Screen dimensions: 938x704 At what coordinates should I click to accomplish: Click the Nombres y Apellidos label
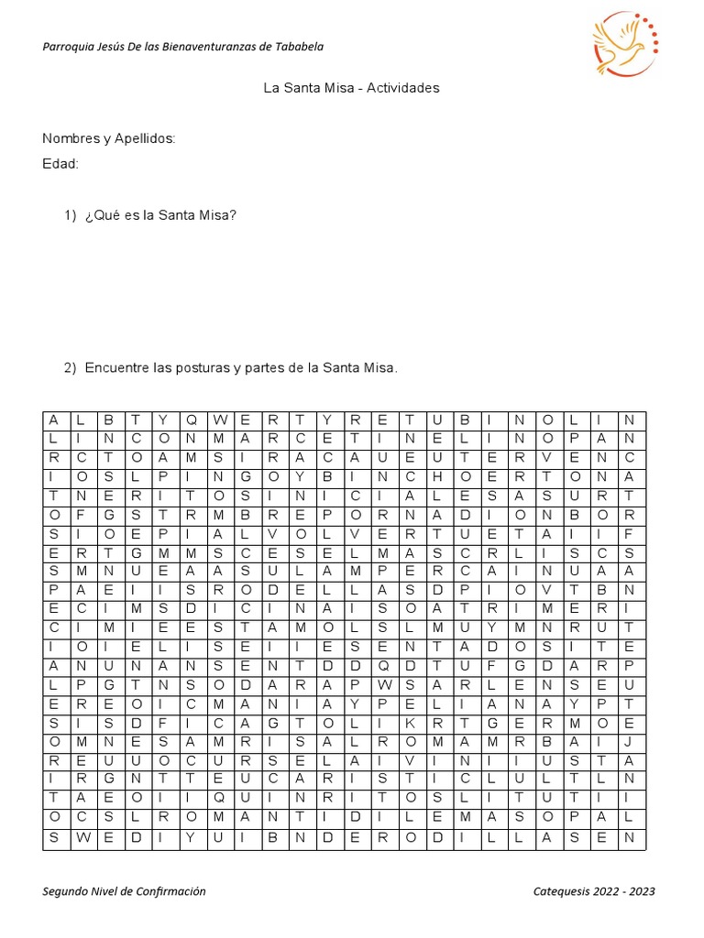[x=109, y=138]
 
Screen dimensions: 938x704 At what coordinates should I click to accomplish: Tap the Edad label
[x=60, y=164]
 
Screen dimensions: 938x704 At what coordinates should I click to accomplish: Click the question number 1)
[x=71, y=215]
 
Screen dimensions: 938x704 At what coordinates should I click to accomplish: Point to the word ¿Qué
[x=102, y=215]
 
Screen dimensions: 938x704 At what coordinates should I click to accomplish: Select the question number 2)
[x=71, y=367]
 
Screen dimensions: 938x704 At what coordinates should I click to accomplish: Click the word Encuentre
[x=117, y=367]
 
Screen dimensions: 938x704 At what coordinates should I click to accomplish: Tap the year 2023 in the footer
[x=642, y=891]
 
